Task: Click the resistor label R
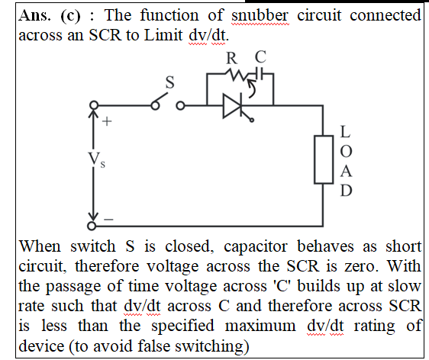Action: [232, 58]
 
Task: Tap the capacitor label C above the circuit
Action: [260, 57]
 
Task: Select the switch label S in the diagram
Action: [170, 82]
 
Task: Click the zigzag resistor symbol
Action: [237, 75]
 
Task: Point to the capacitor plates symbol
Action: [260, 73]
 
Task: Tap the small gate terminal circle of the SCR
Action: [252, 120]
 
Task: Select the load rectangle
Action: [324, 159]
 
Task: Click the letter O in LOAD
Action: [346, 151]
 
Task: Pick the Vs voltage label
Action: [96, 159]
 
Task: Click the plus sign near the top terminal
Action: [107, 121]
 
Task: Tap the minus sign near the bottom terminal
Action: [108, 219]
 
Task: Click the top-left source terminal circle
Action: [94, 105]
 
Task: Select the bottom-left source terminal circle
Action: [92, 226]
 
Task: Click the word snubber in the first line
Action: [260, 15]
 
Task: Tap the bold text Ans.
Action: [34, 15]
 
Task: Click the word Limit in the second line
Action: [163, 35]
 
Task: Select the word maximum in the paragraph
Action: [260, 326]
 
